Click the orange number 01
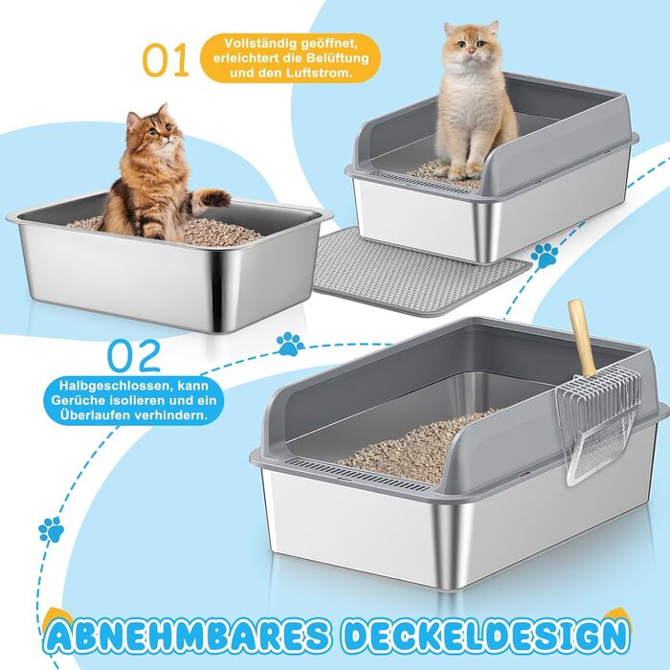coord(166,59)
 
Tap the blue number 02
coord(134,355)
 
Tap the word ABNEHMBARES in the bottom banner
coord(187,636)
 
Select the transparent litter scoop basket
coord(599,427)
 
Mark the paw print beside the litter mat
coord(545,256)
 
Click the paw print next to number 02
coord(291,344)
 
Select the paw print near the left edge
coord(52,529)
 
